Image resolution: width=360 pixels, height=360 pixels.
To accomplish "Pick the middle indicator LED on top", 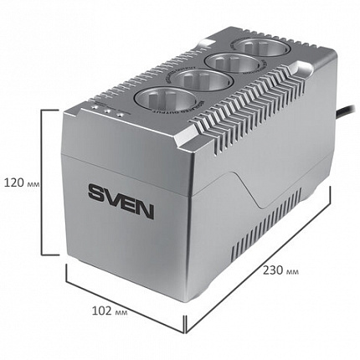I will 111,114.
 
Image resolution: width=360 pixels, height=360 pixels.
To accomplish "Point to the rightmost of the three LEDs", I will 121,116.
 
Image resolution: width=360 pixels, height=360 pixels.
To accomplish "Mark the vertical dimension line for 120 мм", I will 42,183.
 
